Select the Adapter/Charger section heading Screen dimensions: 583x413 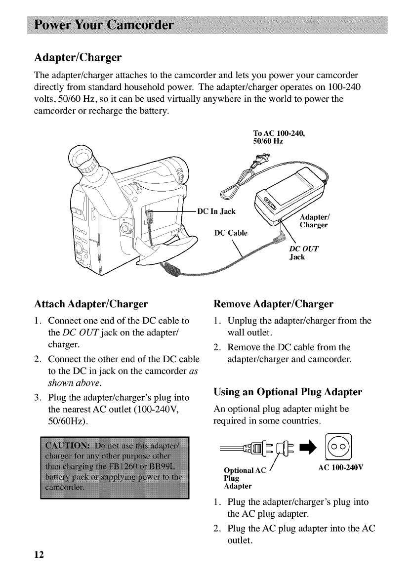click(x=78, y=58)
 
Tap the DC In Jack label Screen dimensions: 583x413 click(x=216, y=212)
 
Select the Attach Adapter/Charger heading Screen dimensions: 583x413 click(x=91, y=303)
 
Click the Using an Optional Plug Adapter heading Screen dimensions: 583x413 click(x=288, y=392)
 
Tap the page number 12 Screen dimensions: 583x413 click(x=39, y=554)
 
